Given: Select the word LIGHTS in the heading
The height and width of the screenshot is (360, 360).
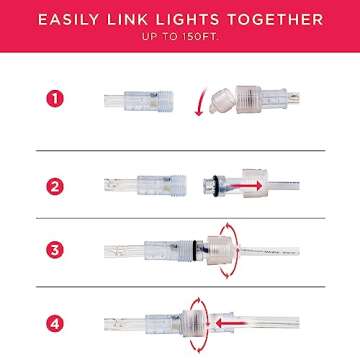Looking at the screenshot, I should pyautogui.click(x=195, y=19).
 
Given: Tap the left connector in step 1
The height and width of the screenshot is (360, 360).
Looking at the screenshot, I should pyautogui.click(x=140, y=101).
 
